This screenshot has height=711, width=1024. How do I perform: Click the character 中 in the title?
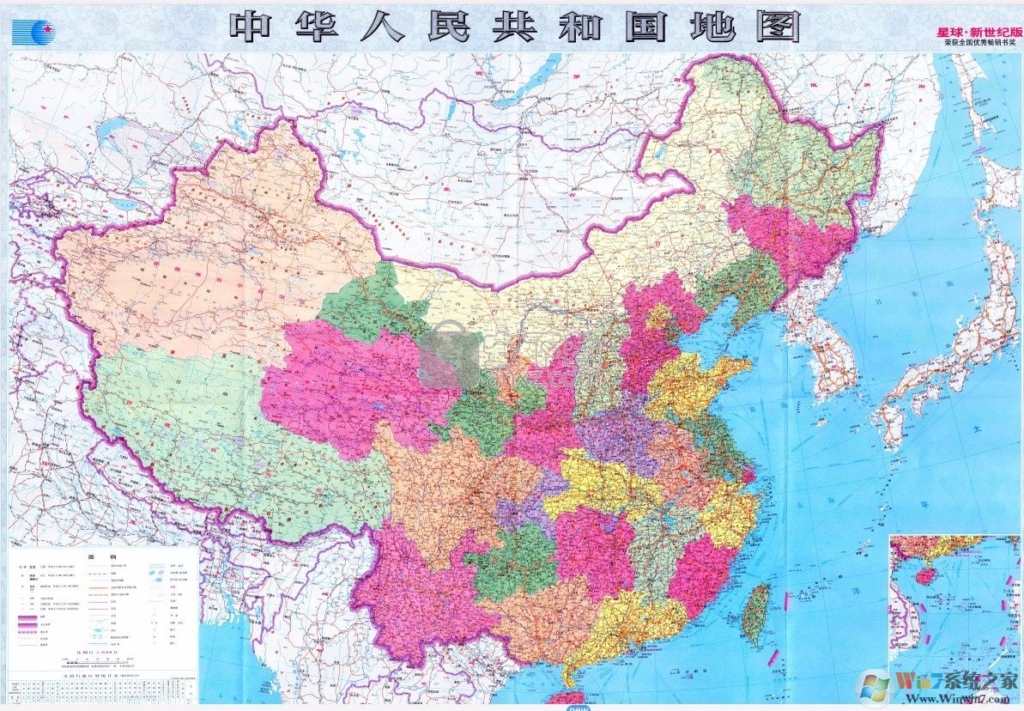click(x=256, y=27)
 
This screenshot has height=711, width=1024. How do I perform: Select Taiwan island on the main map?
click(x=755, y=615)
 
